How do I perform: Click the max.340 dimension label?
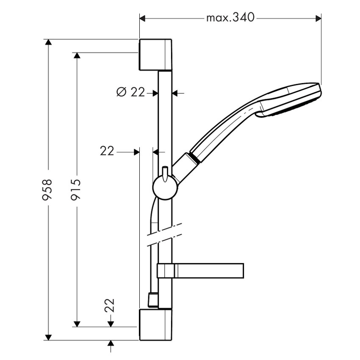pyautogui.click(x=230, y=18)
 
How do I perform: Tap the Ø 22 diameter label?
pyautogui.click(x=130, y=92)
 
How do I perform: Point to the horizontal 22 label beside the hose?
pyautogui.click(x=107, y=151)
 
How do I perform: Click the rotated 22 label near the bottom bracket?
pyautogui.click(x=110, y=304)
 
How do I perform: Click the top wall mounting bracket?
pyautogui.click(x=155, y=55)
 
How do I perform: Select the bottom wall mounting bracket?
pyautogui.click(x=155, y=324)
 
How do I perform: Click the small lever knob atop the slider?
pyautogui.click(x=165, y=171)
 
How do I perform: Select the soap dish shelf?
pyautogui.click(x=208, y=271)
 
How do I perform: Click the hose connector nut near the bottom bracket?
pyautogui.click(x=152, y=300)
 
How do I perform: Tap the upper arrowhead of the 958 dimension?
pyautogui.click(x=48, y=42)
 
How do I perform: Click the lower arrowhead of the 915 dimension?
pyautogui.click(x=77, y=324)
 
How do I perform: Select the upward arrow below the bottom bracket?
pyautogui.click(x=111, y=343)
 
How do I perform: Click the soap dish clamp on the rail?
pyautogui.click(x=165, y=271)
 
